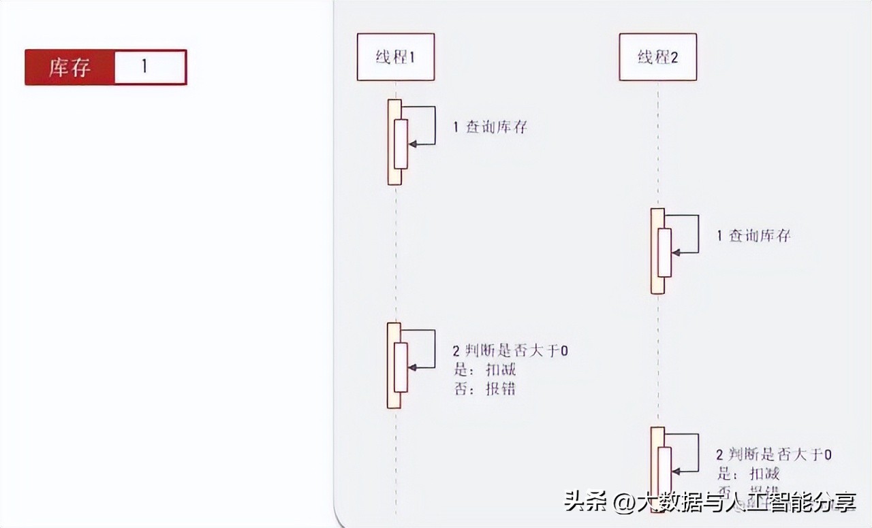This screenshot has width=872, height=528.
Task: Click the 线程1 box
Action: (x=396, y=56)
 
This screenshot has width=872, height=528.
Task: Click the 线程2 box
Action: (x=657, y=56)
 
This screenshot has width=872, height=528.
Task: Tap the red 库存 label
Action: (x=69, y=67)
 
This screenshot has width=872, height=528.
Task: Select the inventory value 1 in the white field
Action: (x=144, y=67)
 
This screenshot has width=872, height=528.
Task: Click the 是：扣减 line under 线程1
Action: (x=485, y=369)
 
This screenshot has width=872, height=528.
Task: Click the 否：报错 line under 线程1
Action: (x=485, y=389)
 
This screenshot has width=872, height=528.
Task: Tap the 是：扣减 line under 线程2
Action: (x=748, y=474)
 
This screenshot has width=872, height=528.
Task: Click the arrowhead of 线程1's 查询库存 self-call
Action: (x=411, y=144)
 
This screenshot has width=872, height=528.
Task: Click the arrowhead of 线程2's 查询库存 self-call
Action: (x=674, y=253)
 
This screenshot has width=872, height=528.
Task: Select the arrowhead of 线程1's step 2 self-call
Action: (x=411, y=367)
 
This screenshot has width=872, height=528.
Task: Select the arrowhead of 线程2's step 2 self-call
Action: (x=674, y=471)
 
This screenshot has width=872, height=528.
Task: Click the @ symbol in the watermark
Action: (x=623, y=503)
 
